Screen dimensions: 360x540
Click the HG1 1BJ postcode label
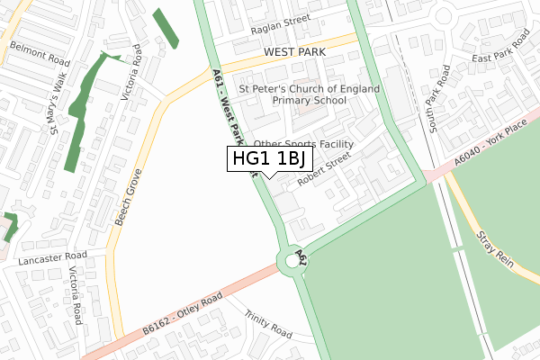[x=270, y=159]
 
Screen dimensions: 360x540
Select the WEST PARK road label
[x=295, y=53]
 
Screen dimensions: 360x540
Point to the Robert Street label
[x=325, y=167]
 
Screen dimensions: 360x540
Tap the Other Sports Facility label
[x=304, y=144]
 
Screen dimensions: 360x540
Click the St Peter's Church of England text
[x=309, y=89]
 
